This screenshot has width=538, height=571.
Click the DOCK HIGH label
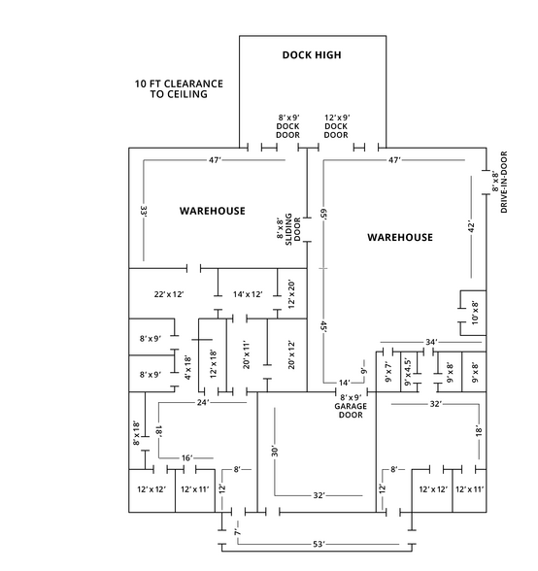tap(312, 55)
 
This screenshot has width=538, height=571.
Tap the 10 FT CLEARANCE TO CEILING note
tap(179, 89)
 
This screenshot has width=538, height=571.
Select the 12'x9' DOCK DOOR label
tap(336, 126)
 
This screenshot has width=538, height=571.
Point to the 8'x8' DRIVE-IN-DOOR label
tap(500, 183)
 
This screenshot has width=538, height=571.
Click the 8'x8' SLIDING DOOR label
tap(288, 229)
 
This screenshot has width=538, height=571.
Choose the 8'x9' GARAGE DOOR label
tap(351, 406)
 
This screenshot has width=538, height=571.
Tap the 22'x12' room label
tap(169, 294)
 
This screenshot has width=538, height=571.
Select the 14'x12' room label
tap(248, 294)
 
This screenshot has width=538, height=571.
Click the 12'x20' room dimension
tap(291, 294)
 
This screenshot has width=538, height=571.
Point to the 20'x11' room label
tap(247, 355)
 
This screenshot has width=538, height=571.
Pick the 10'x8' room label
tap(475, 313)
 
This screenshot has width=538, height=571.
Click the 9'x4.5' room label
tap(408, 372)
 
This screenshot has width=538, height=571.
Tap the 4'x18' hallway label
tap(188, 368)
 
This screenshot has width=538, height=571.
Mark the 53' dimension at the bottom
tap(319, 544)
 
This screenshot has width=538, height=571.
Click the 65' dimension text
tap(323, 214)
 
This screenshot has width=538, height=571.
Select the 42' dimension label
tap(471, 225)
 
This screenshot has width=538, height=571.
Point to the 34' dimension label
tap(431, 342)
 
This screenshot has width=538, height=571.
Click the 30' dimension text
tap(275, 451)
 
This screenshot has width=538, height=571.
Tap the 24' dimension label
tap(203, 402)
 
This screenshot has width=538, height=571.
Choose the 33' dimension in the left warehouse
tap(144, 212)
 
